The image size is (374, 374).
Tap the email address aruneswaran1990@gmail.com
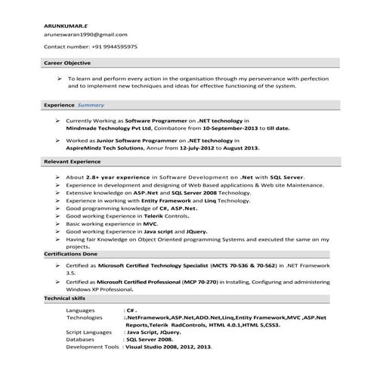pos(85,35)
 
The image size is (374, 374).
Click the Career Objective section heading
pos(67,63)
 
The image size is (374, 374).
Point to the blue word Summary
pos(91,105)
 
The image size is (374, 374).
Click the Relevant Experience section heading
pos(72,162)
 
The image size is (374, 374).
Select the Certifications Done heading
pos(70,254)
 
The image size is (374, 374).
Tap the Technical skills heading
pos(66,299)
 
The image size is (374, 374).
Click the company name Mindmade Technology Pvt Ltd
pos(110,128)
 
